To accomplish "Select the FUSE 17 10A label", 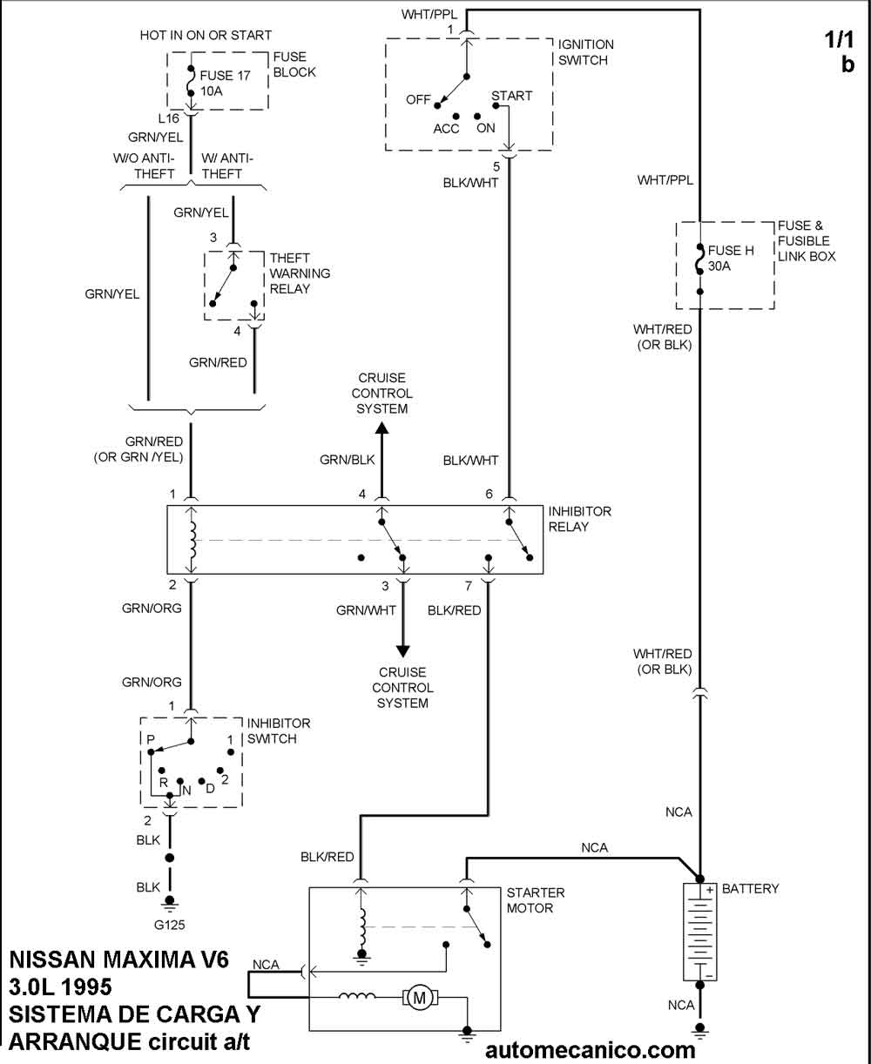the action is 225,84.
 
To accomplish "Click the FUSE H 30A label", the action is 731,259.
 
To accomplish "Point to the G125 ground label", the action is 170,925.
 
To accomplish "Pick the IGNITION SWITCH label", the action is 585,52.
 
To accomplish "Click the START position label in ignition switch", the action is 511,96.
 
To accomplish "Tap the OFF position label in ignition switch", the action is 418,100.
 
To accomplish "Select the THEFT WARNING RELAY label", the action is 300,273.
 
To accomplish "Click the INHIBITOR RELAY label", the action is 579,519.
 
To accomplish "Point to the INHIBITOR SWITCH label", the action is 278,731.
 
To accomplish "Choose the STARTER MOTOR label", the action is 536,900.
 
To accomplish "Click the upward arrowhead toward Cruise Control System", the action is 381,428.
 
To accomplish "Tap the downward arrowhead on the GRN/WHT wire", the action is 402,650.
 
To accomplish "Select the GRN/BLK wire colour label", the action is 348,460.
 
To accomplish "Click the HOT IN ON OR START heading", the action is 206,36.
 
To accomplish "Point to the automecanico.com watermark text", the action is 590,1050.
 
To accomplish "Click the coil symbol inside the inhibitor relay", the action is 192,540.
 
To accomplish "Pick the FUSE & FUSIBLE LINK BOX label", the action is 806,241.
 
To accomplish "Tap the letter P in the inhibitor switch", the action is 151,739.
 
